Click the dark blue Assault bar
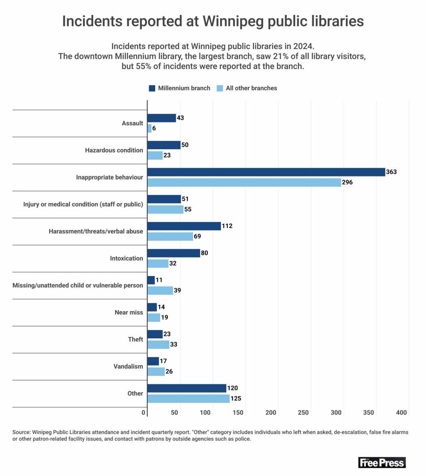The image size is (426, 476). (161, 118)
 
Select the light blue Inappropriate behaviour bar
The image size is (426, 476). (244, 182)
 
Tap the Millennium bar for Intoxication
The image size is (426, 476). (173, 253)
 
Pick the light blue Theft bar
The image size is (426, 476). (158, 344)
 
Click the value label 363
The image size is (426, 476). (391, 172)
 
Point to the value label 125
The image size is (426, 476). (236, 398)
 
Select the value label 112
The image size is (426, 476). (227, 226)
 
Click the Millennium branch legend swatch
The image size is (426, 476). (152, 88)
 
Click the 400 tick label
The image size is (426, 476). (402, 413)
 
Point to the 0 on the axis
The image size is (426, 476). (144, 413)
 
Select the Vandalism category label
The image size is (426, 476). (128, 366)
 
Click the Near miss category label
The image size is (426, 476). (129, 312)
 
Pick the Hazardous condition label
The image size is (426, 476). (114, 150)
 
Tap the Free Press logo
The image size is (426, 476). (382, 462)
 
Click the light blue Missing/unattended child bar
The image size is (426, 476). (160, 290)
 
